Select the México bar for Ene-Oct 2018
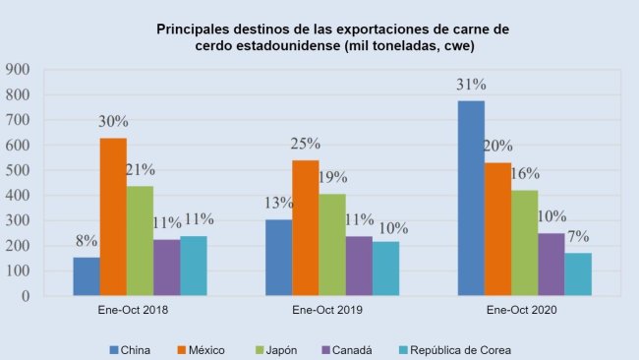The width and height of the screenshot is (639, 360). tap(114, 217)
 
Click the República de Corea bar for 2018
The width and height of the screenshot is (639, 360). tap(194, 266)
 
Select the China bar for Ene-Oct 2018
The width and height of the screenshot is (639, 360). tap(87, 276)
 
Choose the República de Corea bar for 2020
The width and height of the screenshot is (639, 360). tap(578, 274)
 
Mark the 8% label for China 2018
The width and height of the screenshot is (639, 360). tap(87, 240)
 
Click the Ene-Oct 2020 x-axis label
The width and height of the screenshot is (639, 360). tap(525, 311)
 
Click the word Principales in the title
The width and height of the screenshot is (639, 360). tap(195, 30)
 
